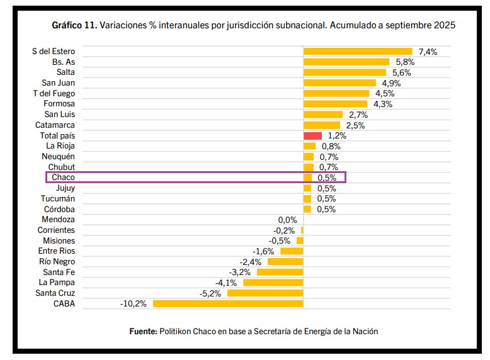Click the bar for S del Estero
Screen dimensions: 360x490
(358, 52)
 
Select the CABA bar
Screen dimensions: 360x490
(228, 303)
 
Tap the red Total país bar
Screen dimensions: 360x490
(312, 136)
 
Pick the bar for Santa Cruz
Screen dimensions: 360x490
(265, 293)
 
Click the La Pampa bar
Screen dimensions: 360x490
(273, 283)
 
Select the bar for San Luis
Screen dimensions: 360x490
(323, 115)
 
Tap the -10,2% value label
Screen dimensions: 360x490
(133, 303)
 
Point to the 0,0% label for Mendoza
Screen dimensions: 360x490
(287, 220)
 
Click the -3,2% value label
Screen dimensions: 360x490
(240, 272)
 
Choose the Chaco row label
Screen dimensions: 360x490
(63, 177)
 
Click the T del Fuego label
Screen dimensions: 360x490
(54, 94)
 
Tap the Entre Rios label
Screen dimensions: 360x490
(56, 251)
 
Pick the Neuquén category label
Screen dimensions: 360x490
(58, 157)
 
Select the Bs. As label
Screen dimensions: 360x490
(64, 62)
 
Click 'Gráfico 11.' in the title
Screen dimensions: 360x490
(74, 26)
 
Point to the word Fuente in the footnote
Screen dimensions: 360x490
(142, 330)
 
